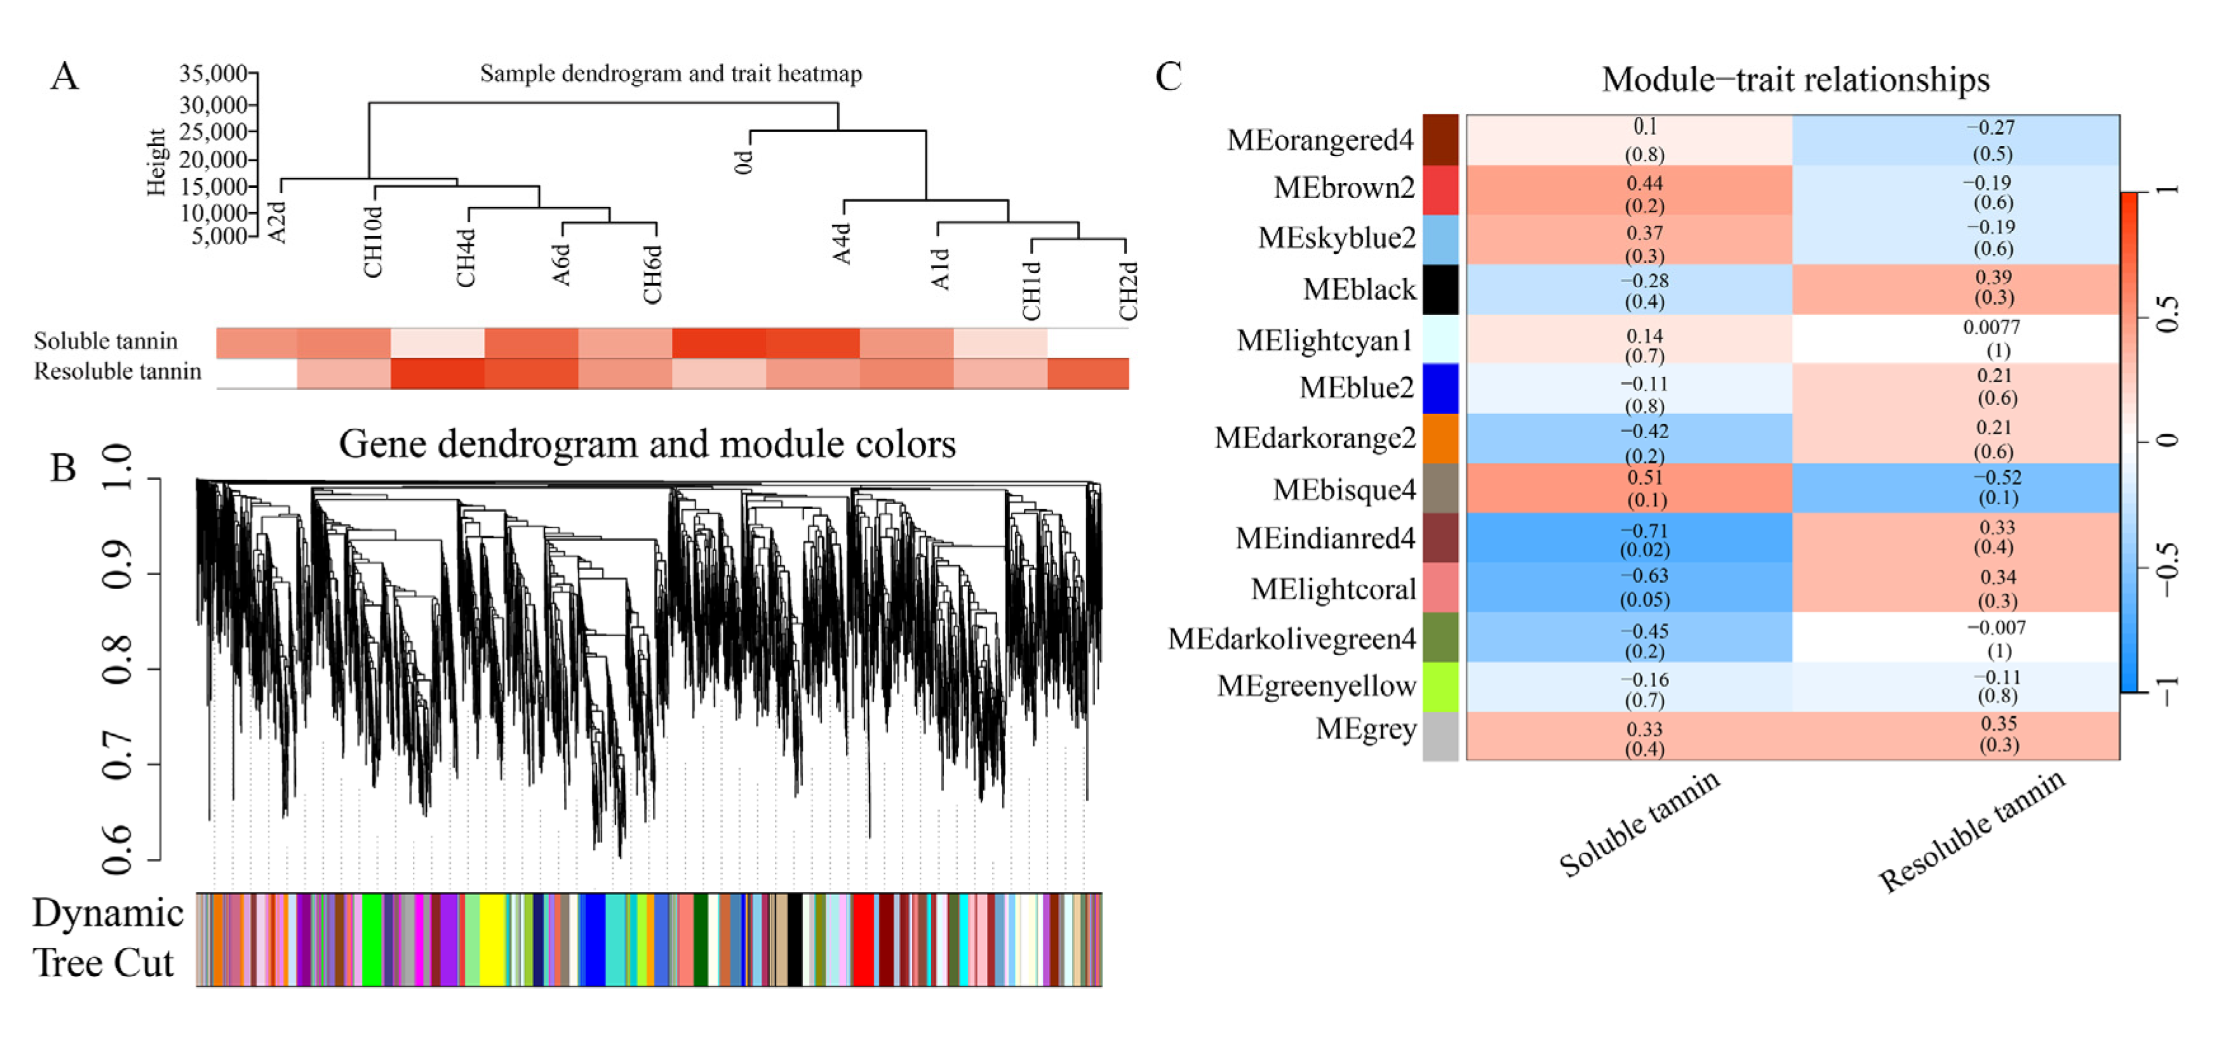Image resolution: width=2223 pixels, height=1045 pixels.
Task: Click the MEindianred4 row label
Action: coord(1325,538)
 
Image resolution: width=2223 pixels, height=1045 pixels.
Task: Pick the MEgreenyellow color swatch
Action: coord(1441,687)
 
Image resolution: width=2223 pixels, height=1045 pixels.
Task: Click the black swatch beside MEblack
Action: coord(1441,289)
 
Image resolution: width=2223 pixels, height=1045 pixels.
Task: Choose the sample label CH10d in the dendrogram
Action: coord(373,243)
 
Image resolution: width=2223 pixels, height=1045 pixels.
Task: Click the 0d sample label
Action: coord(743,161)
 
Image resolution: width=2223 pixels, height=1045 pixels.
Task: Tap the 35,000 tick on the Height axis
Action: coord(213,74)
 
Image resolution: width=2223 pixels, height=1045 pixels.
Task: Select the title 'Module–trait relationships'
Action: coord(1795,79)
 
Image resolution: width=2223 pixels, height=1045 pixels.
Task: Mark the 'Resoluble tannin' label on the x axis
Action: coord(1973,831)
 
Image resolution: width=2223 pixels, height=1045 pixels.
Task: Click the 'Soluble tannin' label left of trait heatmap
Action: coord(105,341)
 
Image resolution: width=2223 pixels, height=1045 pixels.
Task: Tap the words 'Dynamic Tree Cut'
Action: coord(107,938)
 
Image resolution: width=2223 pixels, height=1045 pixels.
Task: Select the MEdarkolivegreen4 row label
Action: coord(1292,639)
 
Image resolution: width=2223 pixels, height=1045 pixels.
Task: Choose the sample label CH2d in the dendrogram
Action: coord(1128,291)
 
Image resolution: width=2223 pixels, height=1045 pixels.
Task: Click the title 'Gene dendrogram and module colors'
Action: coord(647,444)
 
